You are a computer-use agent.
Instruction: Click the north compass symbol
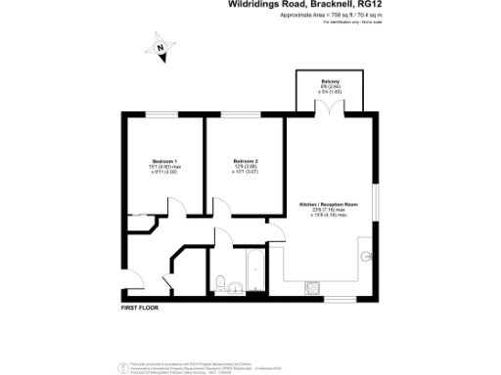pyautogui.click(x=159, y=45)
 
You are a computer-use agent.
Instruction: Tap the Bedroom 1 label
pyautogui.click(x=163, y=160)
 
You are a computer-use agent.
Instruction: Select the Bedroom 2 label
pyautogui.click(x=245, y=160)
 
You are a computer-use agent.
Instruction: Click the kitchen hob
pyautogui.click(x=315, y=286)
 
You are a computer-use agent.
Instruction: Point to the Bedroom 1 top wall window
pyautogui.click(x=161, y=116)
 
